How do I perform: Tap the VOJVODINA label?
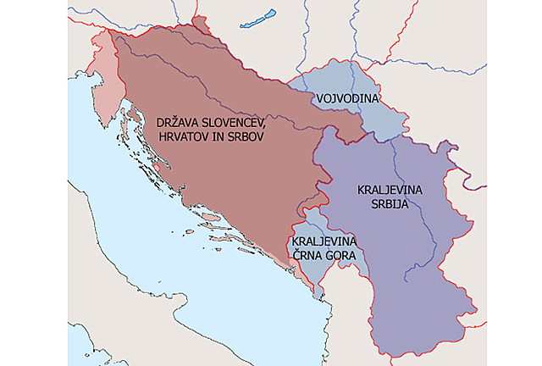tap(347, 99)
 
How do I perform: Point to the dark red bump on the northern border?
tap(201, 23)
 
